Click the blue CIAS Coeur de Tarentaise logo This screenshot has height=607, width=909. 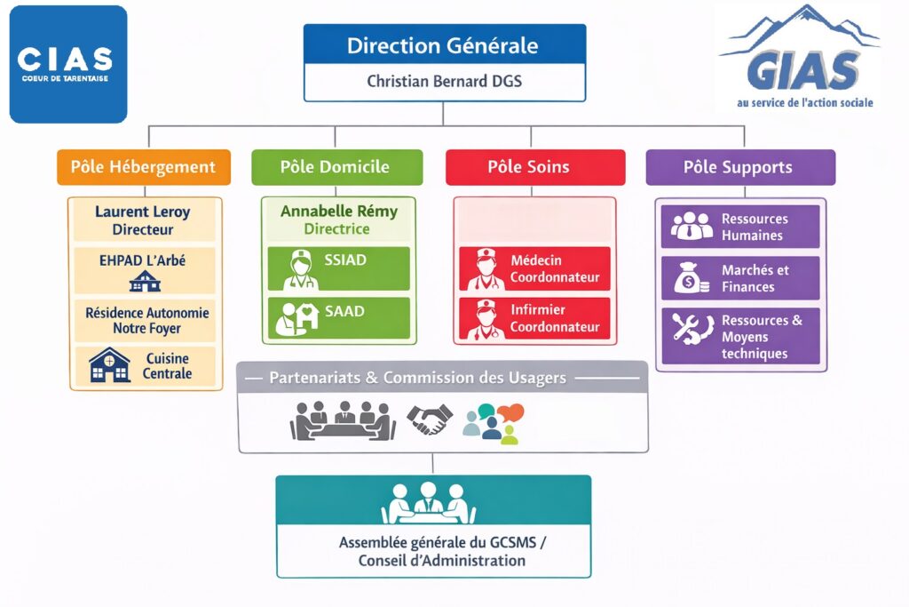[x=68, y=64]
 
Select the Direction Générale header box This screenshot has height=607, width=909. [x=444, y=44]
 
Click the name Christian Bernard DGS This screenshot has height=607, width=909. [x=444, y=82]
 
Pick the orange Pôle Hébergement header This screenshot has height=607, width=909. [x=144, y=167]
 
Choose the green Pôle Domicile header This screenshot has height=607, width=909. [x=335, y=167]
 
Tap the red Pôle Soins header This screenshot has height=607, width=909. [x=534, y=167]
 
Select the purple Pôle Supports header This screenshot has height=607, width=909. [x=739, y=167]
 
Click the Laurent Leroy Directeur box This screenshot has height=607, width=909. [x=143, y=220]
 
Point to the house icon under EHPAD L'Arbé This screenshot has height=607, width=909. [x=145, y=282]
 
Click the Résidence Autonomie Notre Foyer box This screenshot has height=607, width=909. [x=146, y=321]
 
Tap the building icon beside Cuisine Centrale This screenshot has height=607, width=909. [x=110, y=365]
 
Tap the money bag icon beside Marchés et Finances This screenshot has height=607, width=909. [x=690, y=279]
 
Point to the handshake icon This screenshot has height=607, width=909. [x=430, y=419]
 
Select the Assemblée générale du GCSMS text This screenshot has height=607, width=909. [x=441, y=542]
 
